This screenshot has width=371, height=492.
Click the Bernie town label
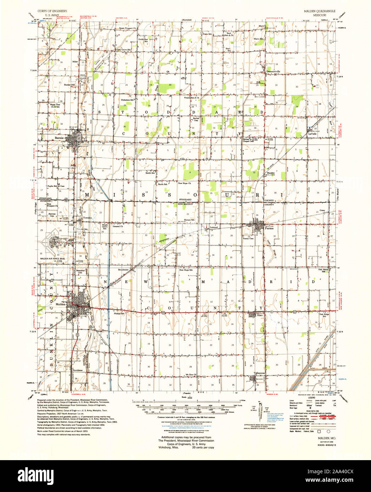point(59,138)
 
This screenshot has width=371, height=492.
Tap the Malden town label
point(61,304)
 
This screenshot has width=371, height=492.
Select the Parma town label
point(269,228)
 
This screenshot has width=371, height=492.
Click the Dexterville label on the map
point(273,71)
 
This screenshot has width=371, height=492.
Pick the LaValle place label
point(312,134)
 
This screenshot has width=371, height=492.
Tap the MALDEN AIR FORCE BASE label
point(53,259)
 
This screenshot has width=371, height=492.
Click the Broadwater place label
point(124,270)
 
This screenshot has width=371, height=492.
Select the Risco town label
point(260,315)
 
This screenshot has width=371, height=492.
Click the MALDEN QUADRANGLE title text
point(320,11)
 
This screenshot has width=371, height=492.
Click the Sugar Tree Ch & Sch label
point(55,106)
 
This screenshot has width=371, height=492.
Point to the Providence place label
point(78,370)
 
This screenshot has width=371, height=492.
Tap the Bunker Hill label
point(69,85)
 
